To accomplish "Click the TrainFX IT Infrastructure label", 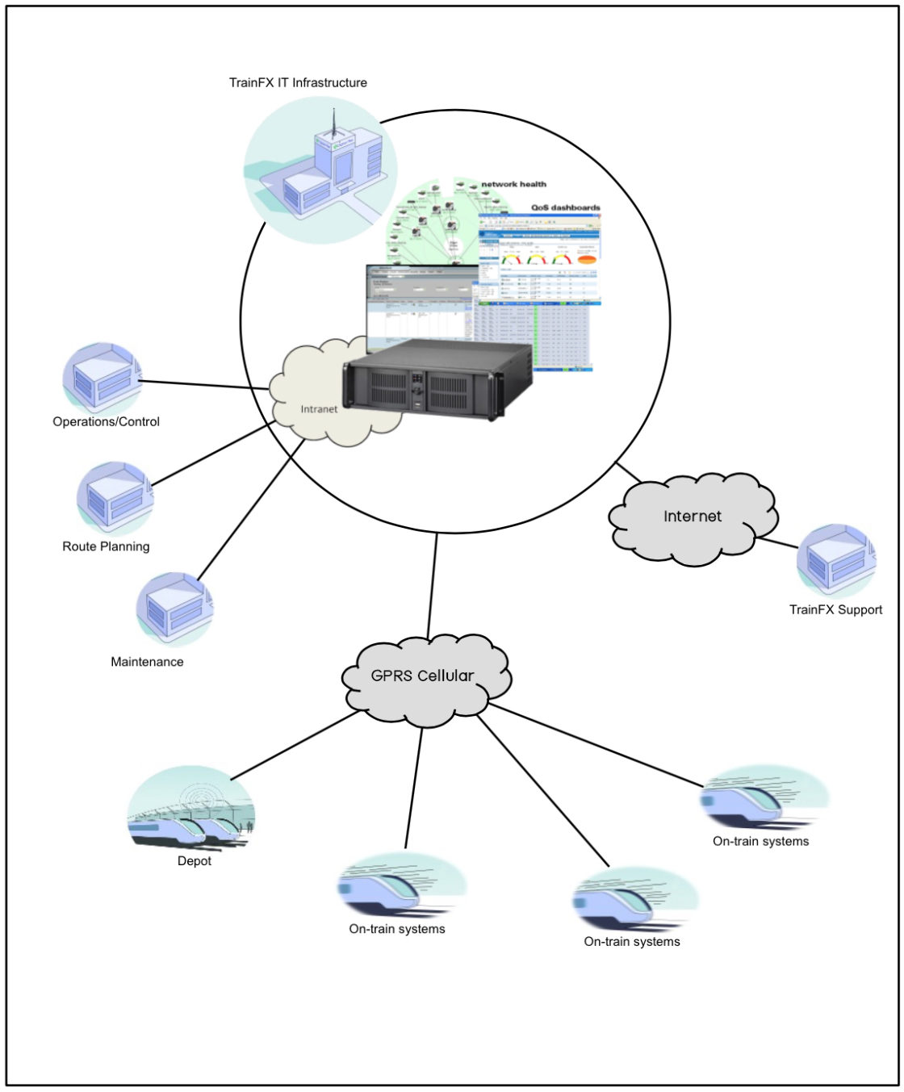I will tap(298, 82).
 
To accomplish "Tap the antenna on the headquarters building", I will tap(333, 122).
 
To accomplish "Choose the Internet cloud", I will tap(692, 517).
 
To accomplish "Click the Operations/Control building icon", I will tap(103, 378).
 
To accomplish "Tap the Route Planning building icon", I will tap(114, 496).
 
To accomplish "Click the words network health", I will tap(513, 184).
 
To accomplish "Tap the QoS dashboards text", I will tap(565, 207).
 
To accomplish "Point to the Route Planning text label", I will tap(106, 546).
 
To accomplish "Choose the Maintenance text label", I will tap(147, 662).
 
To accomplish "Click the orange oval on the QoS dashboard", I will tap(586, 260).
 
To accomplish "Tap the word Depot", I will tap(195, 861).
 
